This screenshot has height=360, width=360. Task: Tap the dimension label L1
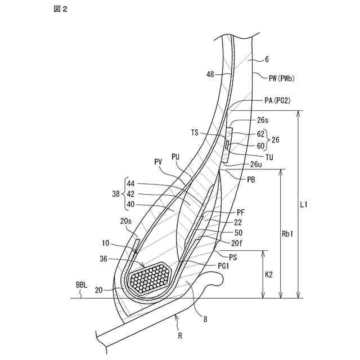[304, 205]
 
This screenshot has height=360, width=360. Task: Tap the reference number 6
[267, 59]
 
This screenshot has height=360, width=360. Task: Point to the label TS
[195, 134]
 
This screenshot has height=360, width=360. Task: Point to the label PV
[158, 162]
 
